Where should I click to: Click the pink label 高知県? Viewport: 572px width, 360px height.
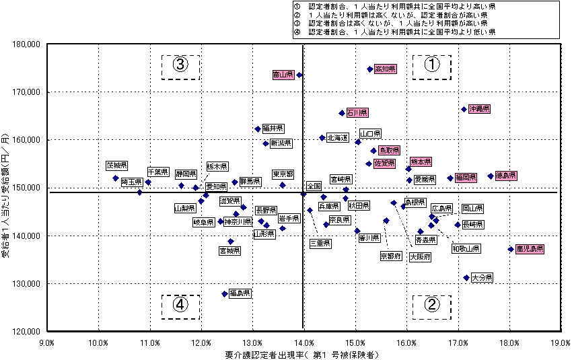(x=386, y=69)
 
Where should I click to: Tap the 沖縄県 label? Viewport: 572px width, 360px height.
(x=480, y=108)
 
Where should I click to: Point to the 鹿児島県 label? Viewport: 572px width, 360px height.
(x=530, y=249)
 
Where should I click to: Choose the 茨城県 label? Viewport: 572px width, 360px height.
(x=116, y=165)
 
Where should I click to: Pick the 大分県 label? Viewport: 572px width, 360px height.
(x=482, y=277)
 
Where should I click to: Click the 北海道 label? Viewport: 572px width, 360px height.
(x=338, y=137)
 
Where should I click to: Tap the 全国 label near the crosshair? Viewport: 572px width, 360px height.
(x=314, y=186)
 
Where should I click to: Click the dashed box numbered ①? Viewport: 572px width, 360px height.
(x=431, y=66)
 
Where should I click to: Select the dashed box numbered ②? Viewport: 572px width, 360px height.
(x=431, y=305)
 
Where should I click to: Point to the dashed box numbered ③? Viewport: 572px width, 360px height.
(x=180, y=66)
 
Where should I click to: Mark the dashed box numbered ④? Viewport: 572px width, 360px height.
(x=180, y=305)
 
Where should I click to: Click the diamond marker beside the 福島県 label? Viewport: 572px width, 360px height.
(x=225, y=294)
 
